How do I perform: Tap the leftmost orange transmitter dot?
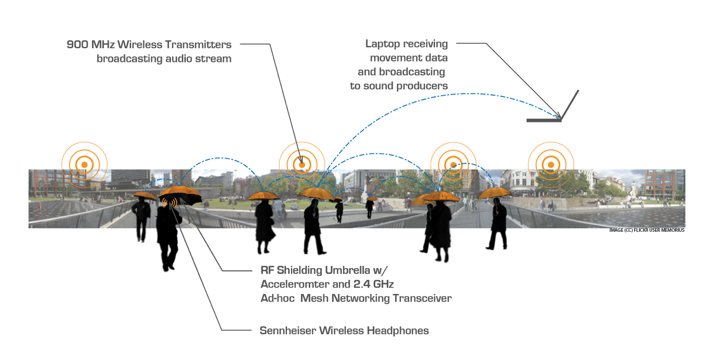[84, 165]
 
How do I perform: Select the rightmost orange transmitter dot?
[551, 165]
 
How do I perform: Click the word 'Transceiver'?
[422, 298]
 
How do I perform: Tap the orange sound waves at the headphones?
[169, 202]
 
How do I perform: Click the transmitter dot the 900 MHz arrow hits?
[302, 165]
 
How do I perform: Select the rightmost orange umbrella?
[495, 193]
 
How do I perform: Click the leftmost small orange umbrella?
[144, 196]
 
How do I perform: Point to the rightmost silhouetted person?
[497, 223]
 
